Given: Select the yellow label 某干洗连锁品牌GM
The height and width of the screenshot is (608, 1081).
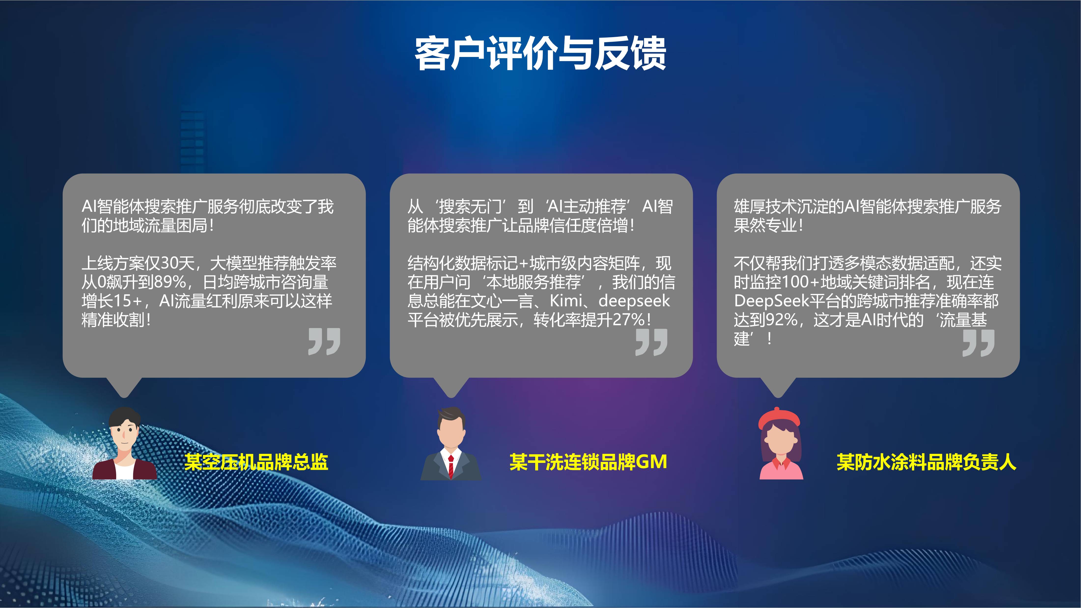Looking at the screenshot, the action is [588, 462].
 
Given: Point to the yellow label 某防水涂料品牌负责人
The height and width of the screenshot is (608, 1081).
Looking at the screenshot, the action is [927, 462].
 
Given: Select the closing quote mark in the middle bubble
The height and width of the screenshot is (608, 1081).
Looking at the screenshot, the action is [651, 342].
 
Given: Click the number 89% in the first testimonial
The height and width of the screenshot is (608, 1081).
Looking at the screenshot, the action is [170, 282].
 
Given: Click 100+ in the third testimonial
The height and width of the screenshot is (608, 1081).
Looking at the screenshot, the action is [802, 282].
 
